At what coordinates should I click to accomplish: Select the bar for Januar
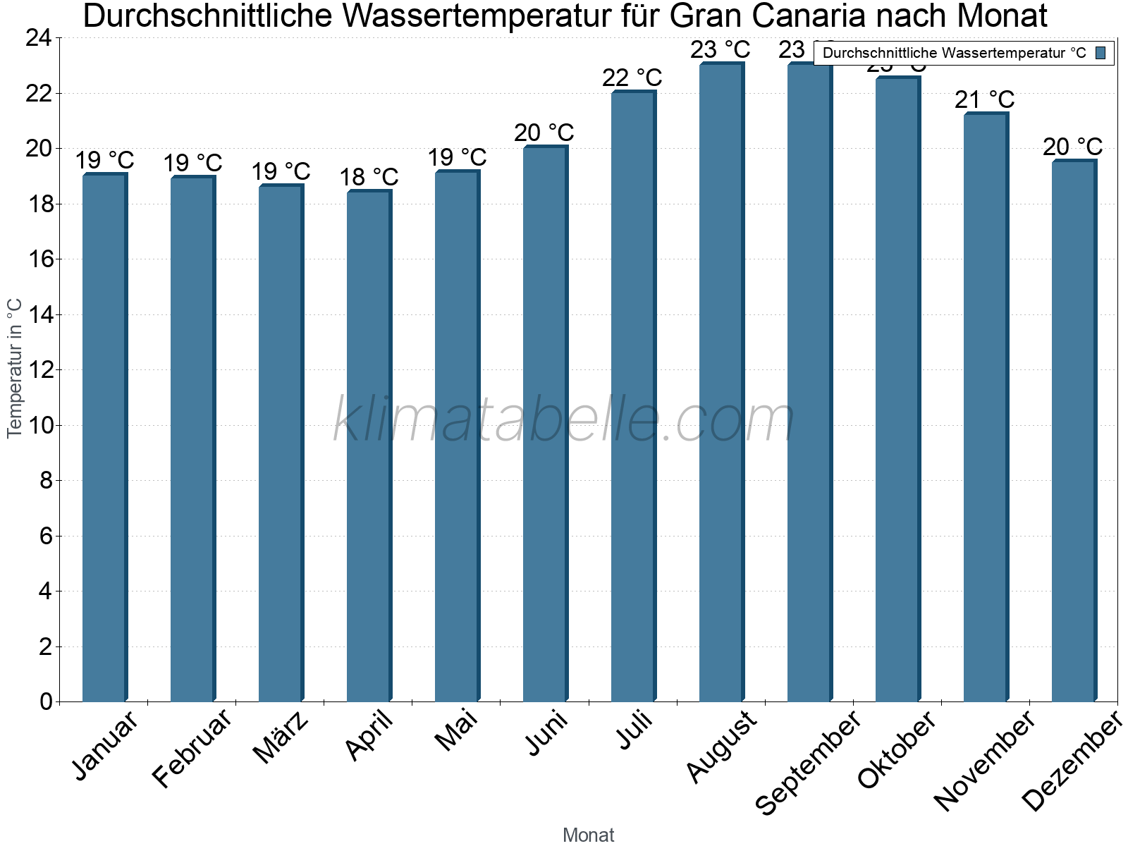[104, 437]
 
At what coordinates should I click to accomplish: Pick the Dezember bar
[1074, 431]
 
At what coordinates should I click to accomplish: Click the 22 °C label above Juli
[632, 78]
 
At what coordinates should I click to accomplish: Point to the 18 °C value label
[369, 177]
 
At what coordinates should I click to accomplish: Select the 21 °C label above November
[985, 100]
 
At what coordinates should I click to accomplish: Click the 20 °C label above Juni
[544, 133]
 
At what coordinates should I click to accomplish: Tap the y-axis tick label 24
[39, 38]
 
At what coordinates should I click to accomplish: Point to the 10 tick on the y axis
[39, 425]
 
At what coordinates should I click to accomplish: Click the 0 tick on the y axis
[47, 701]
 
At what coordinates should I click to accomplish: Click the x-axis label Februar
[192, 747]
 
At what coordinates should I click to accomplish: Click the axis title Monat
[589, 835]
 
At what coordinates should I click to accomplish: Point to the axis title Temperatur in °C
[15, 368]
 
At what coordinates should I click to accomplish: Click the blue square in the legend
[1101, 53]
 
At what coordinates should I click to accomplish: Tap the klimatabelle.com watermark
[564, 420]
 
